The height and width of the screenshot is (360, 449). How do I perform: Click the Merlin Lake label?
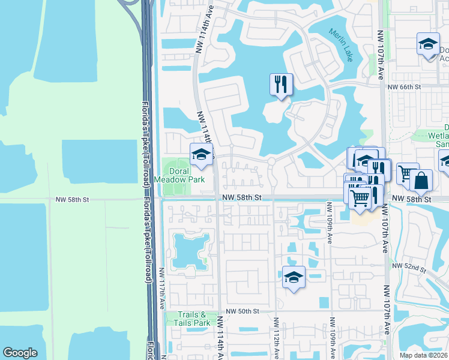[x=340, y=45]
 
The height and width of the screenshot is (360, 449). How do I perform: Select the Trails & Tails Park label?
[x=195, y=319]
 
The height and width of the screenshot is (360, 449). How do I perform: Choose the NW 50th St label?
[x=241, y=311]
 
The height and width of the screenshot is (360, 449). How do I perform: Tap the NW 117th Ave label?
[x=162, y=289]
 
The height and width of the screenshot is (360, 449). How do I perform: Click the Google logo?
[x=20, y=353]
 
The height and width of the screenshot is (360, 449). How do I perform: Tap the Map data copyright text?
[x=423, y=355]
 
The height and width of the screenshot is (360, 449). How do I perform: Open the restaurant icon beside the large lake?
[x=281, y=85]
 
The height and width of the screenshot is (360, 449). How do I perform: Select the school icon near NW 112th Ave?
[x=293, y=277]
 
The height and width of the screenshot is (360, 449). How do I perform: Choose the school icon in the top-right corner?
[x=428, y=44]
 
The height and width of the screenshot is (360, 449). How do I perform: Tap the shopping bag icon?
[x=421, y=180]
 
